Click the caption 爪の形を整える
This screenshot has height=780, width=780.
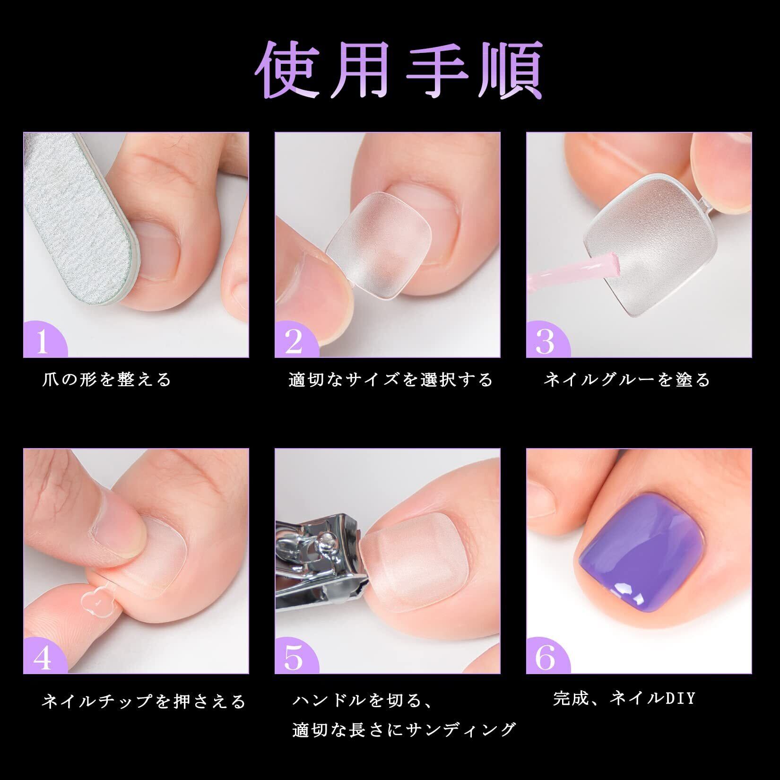coord(106,380)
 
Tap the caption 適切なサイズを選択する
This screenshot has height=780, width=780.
coord(390,380)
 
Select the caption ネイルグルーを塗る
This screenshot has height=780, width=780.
coord(627,380)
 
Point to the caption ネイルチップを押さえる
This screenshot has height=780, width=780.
coord(144,701)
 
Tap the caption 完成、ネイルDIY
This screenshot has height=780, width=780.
coord(624,698)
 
